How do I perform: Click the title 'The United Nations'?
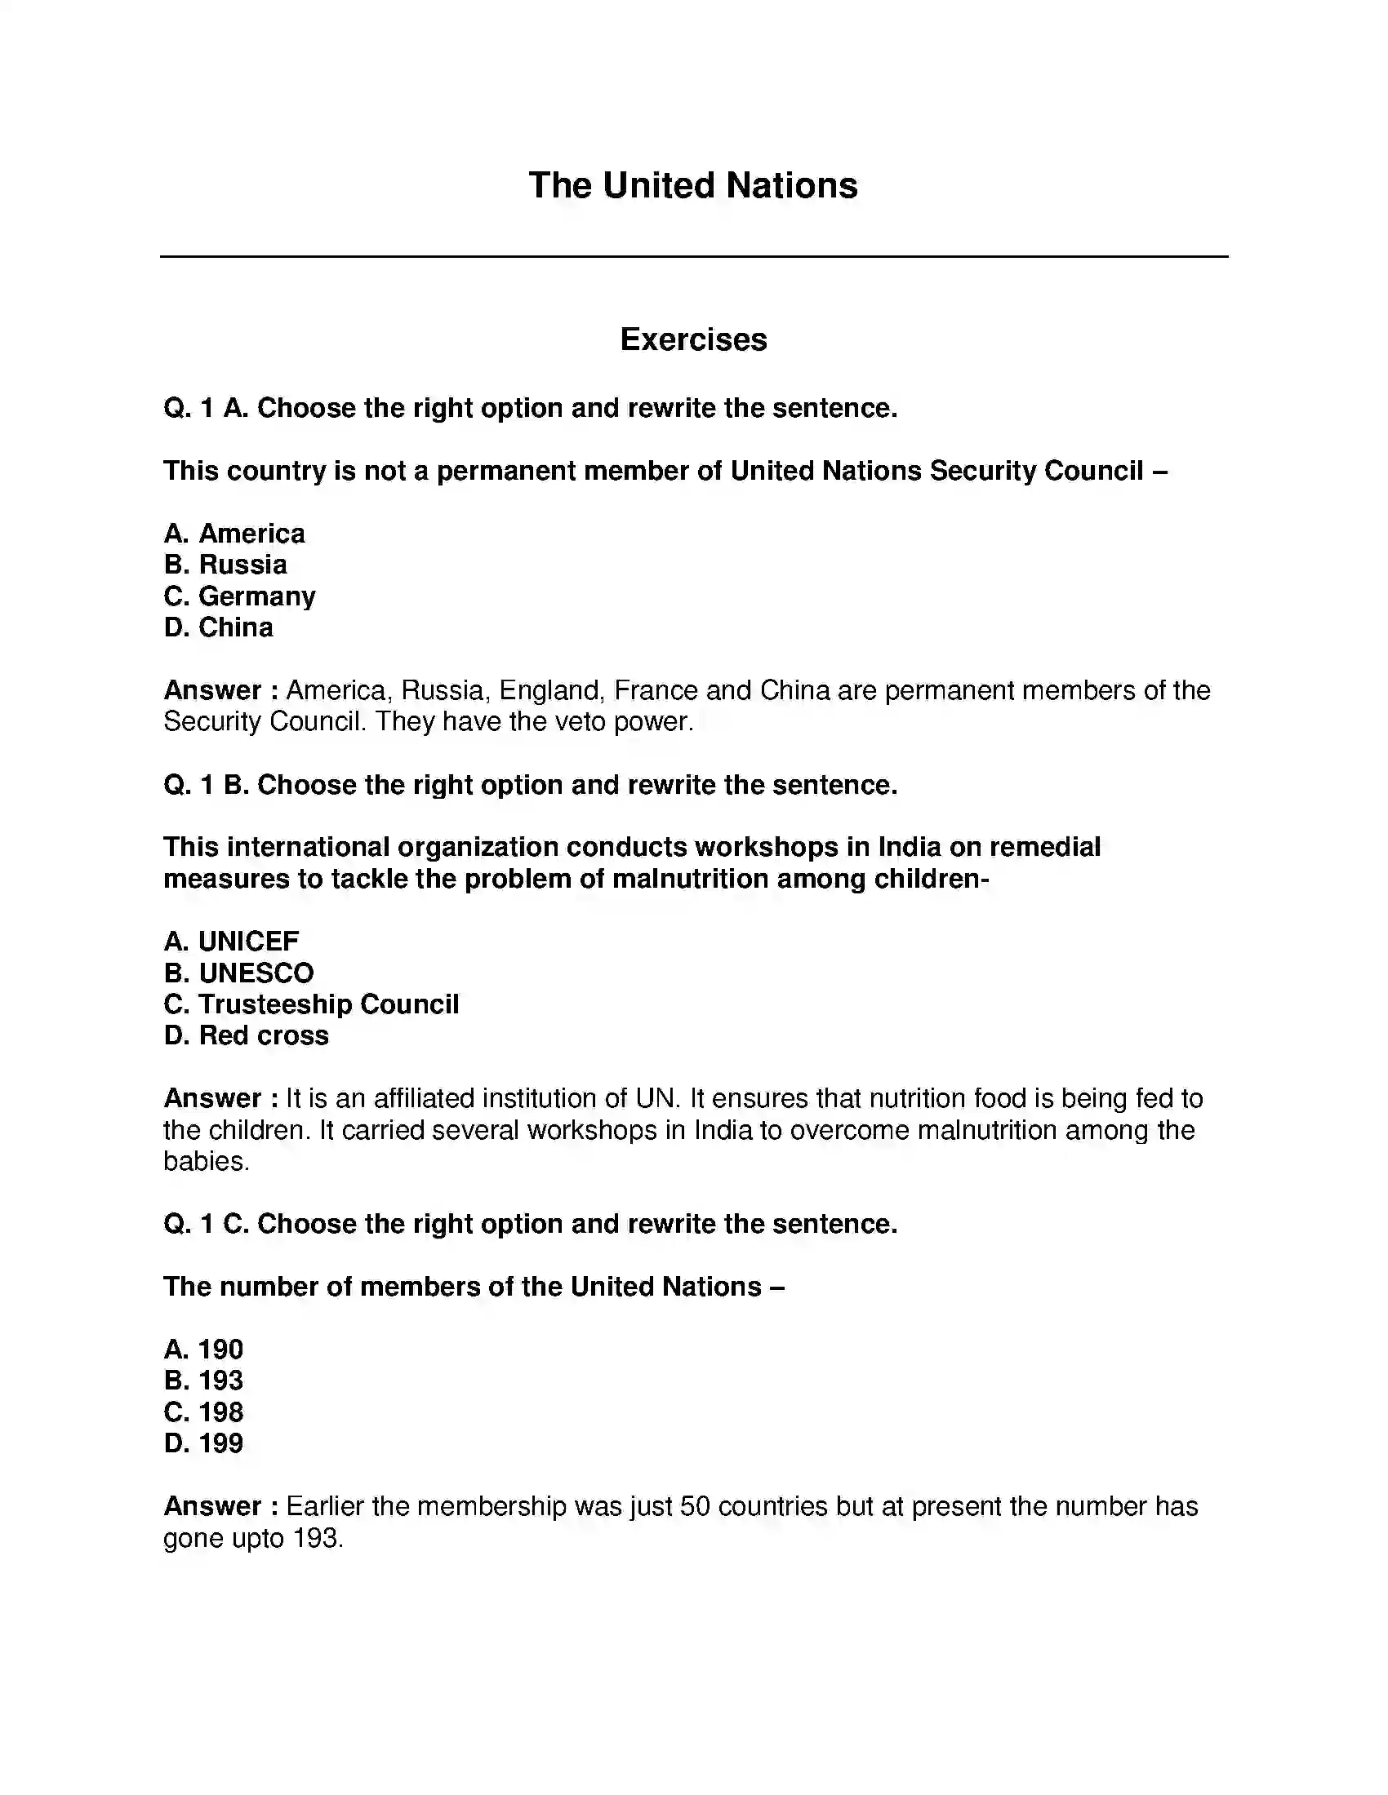(692, 186)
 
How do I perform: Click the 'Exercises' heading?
(693, 339)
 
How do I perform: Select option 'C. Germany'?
(239, 596)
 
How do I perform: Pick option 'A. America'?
(234, 534)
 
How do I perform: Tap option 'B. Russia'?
(225, 565)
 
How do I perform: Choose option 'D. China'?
(218, 627)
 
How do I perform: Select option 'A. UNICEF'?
(231, 941)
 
